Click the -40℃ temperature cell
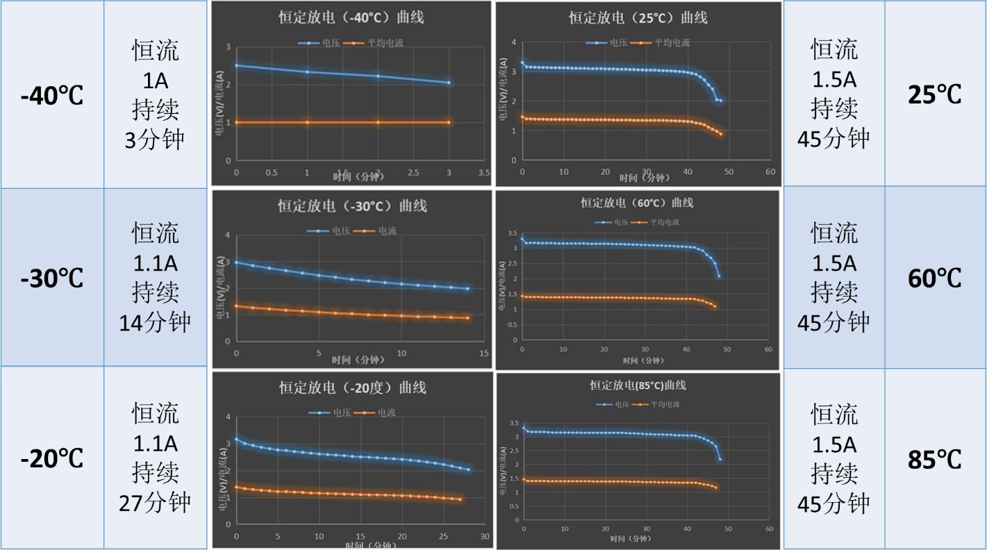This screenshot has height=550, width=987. pyautogui.click(x=52, y=95)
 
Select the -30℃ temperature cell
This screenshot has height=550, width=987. pyautogui.click(x=52, y=278)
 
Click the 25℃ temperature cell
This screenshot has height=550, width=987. pyautogui.click(x=935, y=94)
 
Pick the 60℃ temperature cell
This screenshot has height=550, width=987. pyautogui.click(x=935, y=278)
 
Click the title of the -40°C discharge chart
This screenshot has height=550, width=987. pyautogui.click(x=347, y=18)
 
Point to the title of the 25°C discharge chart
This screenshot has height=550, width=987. pyautogui.click(x=638, y=18)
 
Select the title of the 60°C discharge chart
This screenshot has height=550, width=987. pyautogui.click(x=637, y=203)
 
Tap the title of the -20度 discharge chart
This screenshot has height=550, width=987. pyautogui.click(x=353, y=387)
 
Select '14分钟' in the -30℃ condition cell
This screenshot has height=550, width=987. pyautogui.click(x=156, y=322)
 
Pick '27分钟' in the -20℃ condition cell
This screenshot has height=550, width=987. pyautogui.click(x=156, y=502)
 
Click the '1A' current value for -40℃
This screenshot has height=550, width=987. pyautogui.click(x=156, y=81)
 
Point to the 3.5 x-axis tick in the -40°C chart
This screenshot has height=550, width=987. pyautogui.click(x=483, y=172)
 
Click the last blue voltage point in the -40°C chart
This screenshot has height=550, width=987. pyautogui.click(x=449, y=83)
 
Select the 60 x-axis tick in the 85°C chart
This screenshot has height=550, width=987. pyautogui.click(x=769, y=529)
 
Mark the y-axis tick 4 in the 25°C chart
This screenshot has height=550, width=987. pyautogui.click(x=513, y=42)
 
